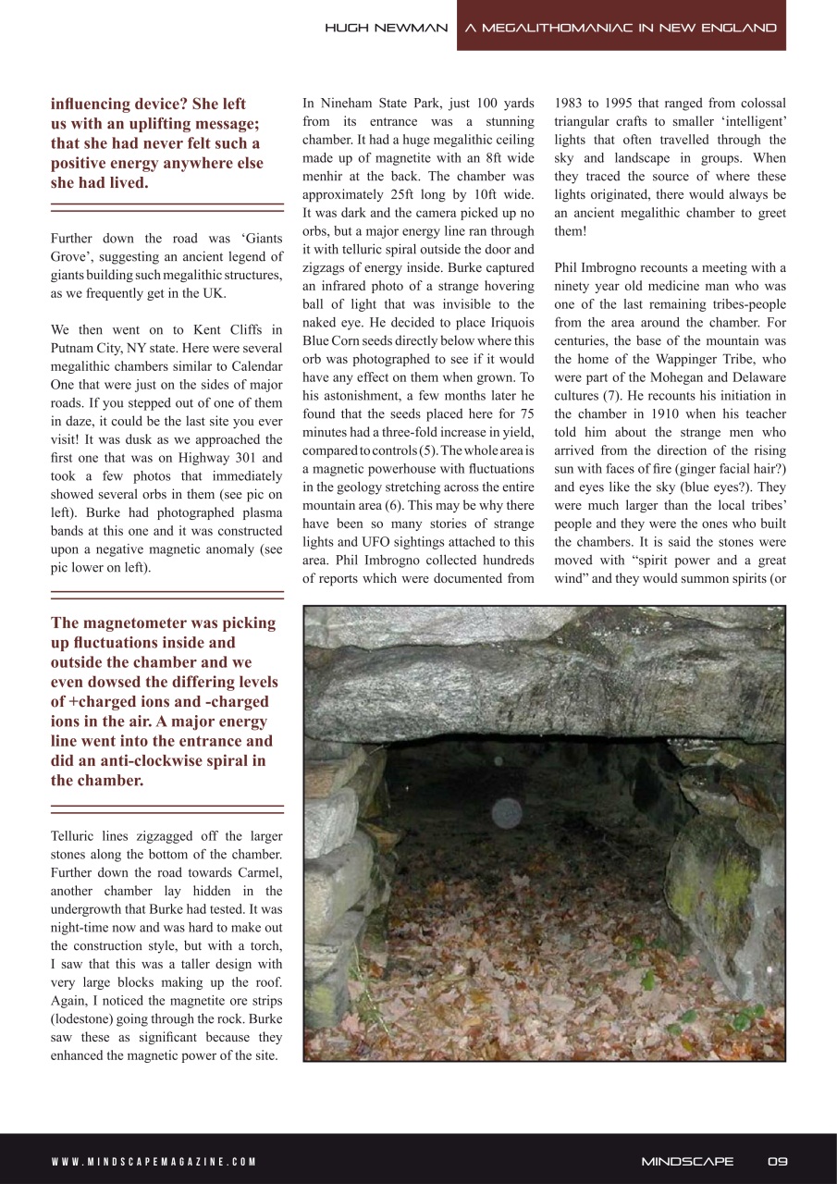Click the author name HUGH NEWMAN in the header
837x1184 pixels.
point(386,28)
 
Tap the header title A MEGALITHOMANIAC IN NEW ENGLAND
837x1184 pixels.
point(621,28)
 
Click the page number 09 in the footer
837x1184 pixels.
point(777,1161)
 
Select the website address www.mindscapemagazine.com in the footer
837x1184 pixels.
point(154,1162)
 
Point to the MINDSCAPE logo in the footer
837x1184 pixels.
point(687,1161)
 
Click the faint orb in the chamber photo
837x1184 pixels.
point(505,814)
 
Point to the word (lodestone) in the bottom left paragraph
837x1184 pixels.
point(90,1019)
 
